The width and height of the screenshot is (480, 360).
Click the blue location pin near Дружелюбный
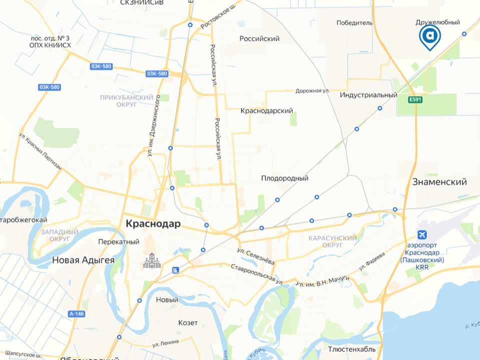[x=430, y=36]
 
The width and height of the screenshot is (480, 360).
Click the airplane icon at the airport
[x=422, y=235]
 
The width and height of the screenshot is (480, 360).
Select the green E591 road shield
[x=415, y=100]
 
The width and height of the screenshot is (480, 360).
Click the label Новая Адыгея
[x=83, y=260]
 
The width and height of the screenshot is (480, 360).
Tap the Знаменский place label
[x=439, y=182]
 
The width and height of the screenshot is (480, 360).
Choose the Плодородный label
[x=284, y=178]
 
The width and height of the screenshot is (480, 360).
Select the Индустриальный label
[x=368, y=95]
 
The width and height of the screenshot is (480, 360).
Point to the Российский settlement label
[x=259, y=38]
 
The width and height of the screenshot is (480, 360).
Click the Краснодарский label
[x=266, y=111]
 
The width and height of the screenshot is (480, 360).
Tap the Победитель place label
[x=354, y=22]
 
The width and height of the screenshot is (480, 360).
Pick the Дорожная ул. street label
[x=312, y=91]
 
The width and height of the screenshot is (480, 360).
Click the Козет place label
[x=188, y=322]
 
